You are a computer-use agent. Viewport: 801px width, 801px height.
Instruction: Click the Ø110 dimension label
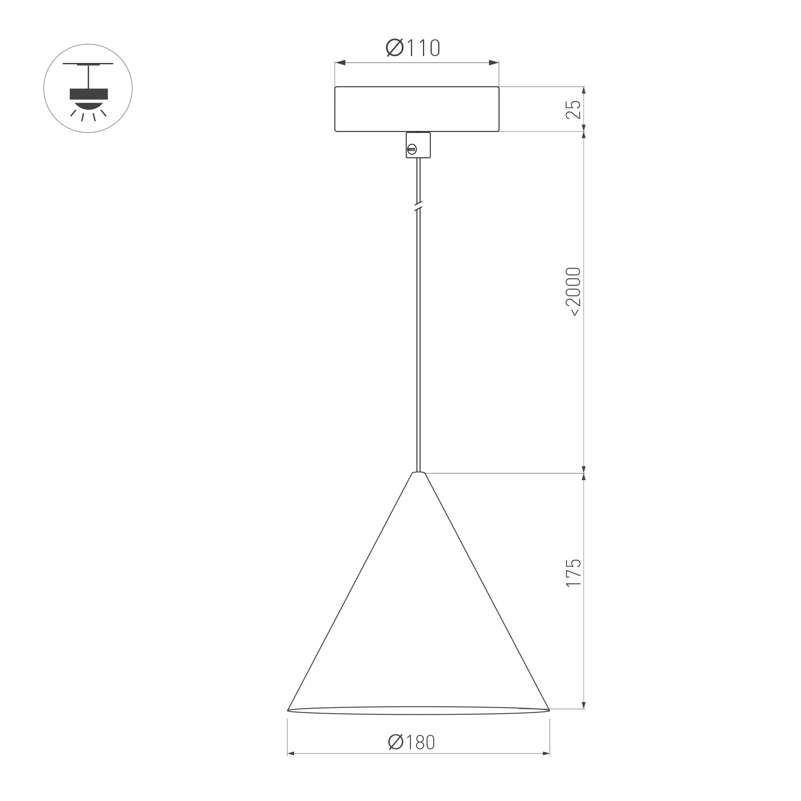click(x=413, y=48)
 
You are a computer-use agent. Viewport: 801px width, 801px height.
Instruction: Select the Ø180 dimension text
click(x=412, y=742)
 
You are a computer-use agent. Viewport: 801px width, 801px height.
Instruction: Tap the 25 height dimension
click(x=574, y=109)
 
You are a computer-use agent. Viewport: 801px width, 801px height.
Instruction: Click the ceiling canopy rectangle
click(x=417, y=109)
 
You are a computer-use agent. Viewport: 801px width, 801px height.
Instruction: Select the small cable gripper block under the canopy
click(x=418, y=145)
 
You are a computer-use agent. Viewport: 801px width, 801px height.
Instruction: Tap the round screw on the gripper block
click(x=412, y=149)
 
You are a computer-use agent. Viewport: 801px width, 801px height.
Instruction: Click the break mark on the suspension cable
click(x=418, y=206)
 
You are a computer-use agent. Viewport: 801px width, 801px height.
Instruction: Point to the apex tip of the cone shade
click(x=418, y=473)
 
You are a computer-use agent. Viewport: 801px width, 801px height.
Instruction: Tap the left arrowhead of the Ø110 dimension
click(x=340, y=63)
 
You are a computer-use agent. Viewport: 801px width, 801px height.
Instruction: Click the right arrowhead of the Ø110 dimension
click(x=494, y=63)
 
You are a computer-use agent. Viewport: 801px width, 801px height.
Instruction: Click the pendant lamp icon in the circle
click(x=88, y=88)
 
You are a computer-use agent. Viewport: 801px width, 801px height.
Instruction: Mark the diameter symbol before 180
click(x=396, y=742)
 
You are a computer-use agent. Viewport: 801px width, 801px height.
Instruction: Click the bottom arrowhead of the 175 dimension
click(x=584, y=705)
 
